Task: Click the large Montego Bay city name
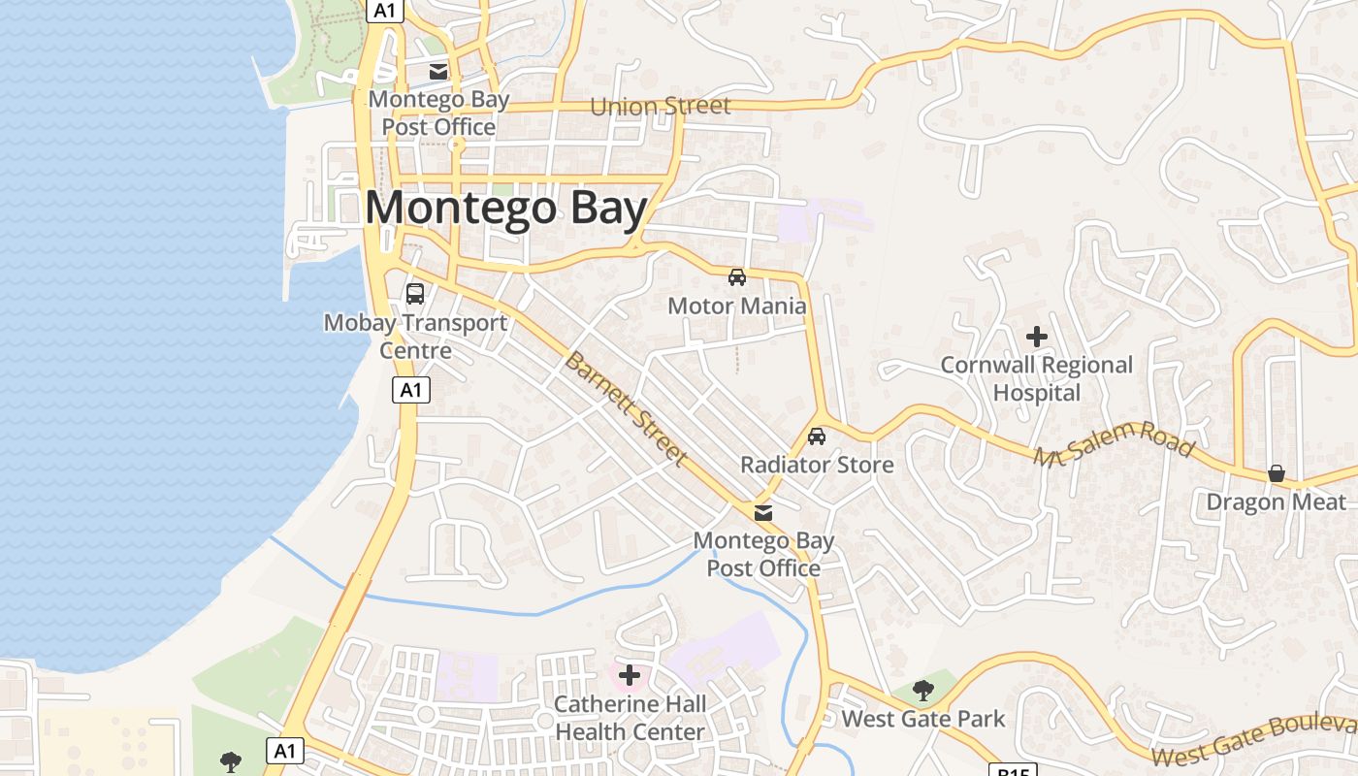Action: (x=506, y=209)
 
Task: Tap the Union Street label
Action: (x=660, y=106)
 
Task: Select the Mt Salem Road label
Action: (x=1113, y=443)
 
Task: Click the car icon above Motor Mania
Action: (x=737, y=277)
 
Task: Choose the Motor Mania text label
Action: (x=737, y=307)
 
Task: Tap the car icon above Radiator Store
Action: (x=817, y=436)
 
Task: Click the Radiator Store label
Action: (x=817, y=466)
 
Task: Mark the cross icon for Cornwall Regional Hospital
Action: (x=1037, y=337)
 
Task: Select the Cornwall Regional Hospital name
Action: (x=1037, y=379)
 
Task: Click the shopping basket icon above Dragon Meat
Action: (x=1277, y=473)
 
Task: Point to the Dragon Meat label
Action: (x=1277, y=502)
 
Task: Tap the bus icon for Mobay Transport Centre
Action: (x=415, y=293)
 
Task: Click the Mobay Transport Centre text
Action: (x=415, y=337)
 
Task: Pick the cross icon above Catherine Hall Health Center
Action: (x=630, y=674)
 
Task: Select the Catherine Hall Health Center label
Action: (x=630, y=718)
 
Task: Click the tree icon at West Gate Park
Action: (x=923, y=690)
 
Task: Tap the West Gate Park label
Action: (x=923, y=719)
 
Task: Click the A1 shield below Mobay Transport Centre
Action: (x=411, y=390)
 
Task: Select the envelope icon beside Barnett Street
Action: (x=763, y=512)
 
